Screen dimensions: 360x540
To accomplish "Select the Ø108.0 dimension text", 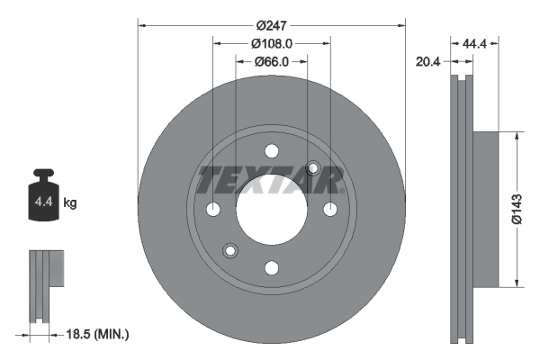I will pos(272,43).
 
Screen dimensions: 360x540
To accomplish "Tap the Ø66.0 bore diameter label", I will pos(271,61).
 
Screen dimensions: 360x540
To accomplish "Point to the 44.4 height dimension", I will pos(476,43).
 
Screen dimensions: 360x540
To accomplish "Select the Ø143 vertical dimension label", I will pos(516,209).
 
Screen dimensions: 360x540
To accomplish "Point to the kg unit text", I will pos(70,203).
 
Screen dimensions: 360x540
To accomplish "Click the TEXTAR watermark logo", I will pos(271,180).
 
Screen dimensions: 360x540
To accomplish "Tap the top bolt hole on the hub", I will pos(272,151).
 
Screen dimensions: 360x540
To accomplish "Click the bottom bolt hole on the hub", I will pos(272,267).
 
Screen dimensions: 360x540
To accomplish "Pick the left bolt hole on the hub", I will pos(213,210).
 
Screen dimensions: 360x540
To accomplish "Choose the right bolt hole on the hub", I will pos(330,210).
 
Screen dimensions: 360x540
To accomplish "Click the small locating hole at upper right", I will pos(314,168).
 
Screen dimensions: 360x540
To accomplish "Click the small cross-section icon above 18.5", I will pos(45,285).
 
